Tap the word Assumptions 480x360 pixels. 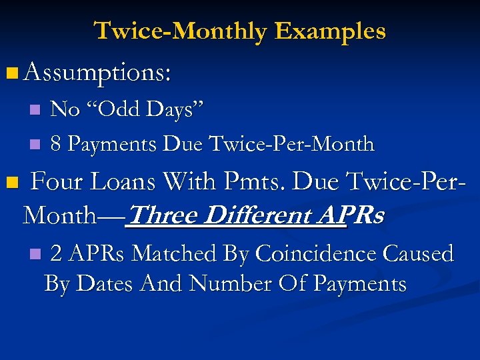click(97, 72)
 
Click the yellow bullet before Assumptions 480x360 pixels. click(13, 71)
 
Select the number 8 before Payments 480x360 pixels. click(56, 143)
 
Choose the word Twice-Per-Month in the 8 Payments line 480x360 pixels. click(291, 143)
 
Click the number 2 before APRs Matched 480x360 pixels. click(57, 253)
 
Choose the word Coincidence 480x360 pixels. click(307, 253)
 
